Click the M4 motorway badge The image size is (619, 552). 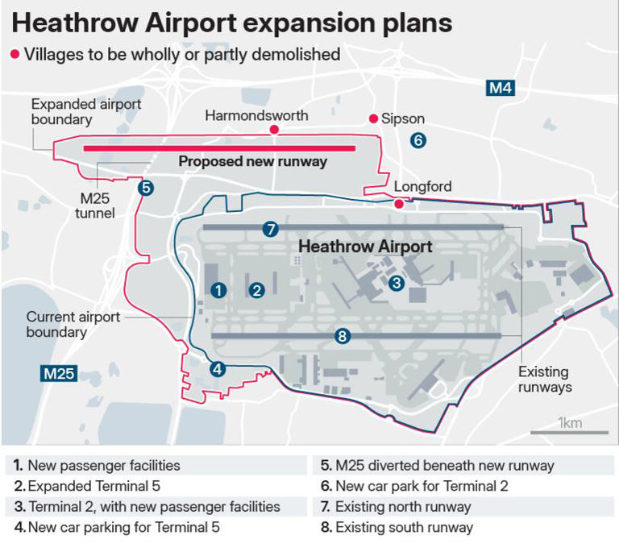pyautogui.click(x=501, y=88)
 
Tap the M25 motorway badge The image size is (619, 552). pyautogui.click(x=59, y=373)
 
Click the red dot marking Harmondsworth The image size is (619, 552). pyautogui.click(x=274, y=130)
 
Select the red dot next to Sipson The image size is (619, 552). pyautogui.click(x=373, y=119)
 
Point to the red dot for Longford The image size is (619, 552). pyautogui.click(x=398, y=204)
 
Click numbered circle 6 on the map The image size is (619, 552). pyautogui.click(x=418, y=140)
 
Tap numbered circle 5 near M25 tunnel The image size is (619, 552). pyautogui.click(x=145, y=188)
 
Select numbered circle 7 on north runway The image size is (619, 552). pyautogui.click(x=270, y=229)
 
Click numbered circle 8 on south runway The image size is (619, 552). pyautogui.click(x=342, y=336)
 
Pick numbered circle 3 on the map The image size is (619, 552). pyautogui.click(x=396, y=283)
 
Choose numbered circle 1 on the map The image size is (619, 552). pyautogui.click(x=218, y=290)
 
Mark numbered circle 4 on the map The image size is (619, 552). pyautogui.click(x=217, y=370)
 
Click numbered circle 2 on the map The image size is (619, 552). pyautogui.click(x=257, y=290)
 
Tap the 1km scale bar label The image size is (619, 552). pyautogui.click(x=571, y=423)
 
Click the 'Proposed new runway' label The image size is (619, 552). pyautogui.click(x=252, y=162)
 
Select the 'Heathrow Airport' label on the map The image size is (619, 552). pyautogui.click(x=365, y=247)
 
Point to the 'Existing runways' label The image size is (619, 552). pyautogui.click(x=544, y=380)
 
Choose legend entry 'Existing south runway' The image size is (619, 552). pyautogui.click(x=403, y=528)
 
